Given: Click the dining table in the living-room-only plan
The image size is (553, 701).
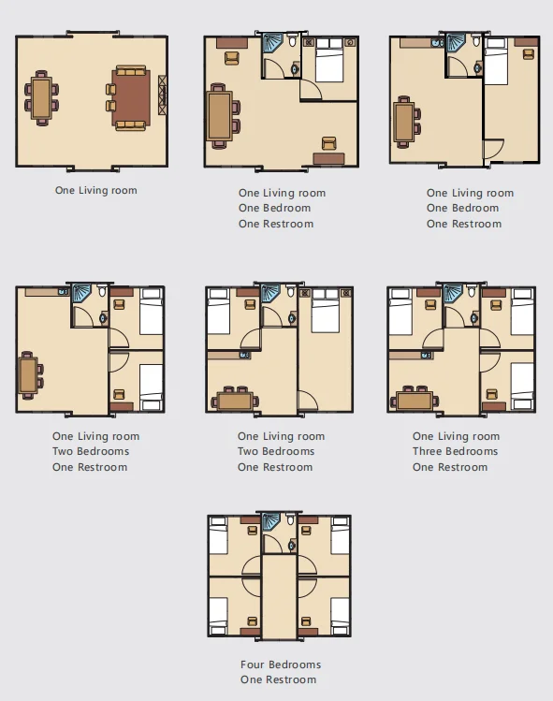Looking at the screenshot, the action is [41, 98].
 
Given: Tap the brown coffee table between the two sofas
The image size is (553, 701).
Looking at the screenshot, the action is [131, 97].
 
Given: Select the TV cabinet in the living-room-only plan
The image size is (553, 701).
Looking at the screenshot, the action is [162, 95].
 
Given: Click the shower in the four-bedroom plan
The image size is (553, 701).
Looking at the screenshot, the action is [271, 523].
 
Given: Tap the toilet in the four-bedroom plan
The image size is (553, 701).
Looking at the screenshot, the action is [291, 519].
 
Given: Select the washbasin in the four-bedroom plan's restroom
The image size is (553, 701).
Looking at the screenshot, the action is [292, 546].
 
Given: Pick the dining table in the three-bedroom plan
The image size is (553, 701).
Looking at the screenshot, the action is [415, 401].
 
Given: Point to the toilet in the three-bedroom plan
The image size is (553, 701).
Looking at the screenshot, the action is [473, 291].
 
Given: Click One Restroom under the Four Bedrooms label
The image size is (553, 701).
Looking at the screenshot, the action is [278, 679].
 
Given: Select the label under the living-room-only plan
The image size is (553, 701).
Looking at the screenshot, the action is [96, 190].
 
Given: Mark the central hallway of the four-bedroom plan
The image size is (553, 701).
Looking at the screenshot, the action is [279, 597].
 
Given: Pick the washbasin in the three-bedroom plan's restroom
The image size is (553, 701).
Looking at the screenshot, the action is [474, 318].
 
